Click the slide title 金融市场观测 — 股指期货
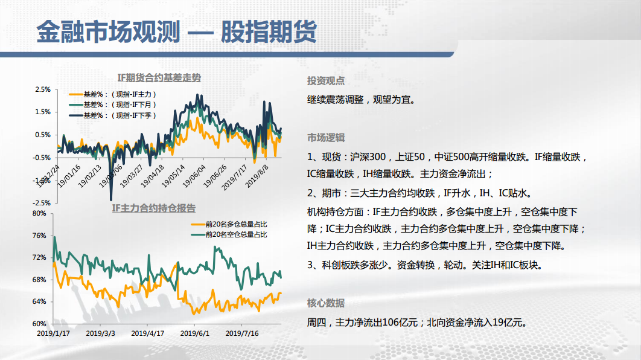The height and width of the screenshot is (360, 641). pyautogui.click(x=177, y=31)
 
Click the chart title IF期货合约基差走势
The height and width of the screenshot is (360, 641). pyautogui.click(x=159, y=78)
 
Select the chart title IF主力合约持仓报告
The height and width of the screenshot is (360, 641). pyautogui.click(x=154, y=208)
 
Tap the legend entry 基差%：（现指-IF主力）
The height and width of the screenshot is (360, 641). pyautogui.click(x=113, y=94)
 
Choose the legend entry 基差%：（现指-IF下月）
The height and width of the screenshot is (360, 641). pyautogui.click(x=113, y=104)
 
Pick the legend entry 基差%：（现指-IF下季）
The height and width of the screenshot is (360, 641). pyautogui.click(x=113, y=115)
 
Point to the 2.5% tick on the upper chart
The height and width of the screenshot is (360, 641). pyautogui.click(x=43, y=89)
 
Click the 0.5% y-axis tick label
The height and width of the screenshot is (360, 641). pyautogui.click(x=43, y=135)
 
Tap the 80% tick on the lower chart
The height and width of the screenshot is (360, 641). pyautogui.click(x=39, y=213)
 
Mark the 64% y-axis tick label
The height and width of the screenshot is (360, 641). pyautogui.click(x=39, y=301)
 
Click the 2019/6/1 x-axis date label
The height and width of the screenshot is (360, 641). pyautogui.click(x=194, y=333)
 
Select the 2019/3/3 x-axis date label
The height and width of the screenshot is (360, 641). pyautogui.click(x=101, y=333)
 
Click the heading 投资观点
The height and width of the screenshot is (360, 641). pyautogui.click(x=326, y=81)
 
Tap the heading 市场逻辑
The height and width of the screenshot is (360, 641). pyautogui.click(x=326, y=138)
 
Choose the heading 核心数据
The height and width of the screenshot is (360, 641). pyautogui.click(x=326, y=303)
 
